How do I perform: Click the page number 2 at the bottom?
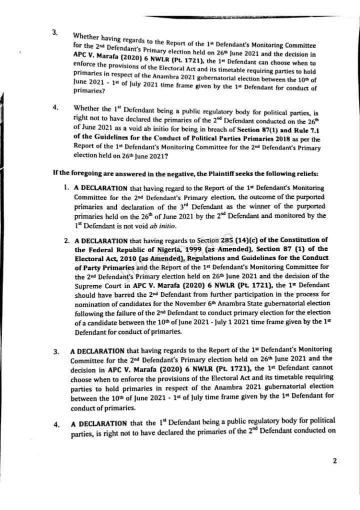tap(334, 461)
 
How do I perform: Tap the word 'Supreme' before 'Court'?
tap(88, 285)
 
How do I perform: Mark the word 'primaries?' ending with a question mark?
tap(89, 91)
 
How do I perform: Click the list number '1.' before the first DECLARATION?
tap(66, 188)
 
